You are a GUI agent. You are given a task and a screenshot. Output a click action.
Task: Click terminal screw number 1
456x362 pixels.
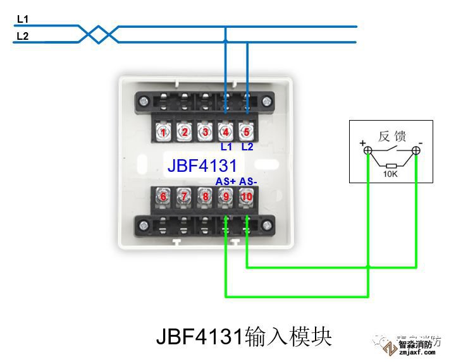(163, 132)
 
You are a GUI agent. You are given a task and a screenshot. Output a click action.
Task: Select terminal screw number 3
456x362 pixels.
(205, 132)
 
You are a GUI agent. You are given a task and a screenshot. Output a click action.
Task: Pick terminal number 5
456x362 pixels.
(247, 132)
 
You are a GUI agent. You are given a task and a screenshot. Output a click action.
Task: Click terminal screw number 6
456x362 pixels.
(163, 196)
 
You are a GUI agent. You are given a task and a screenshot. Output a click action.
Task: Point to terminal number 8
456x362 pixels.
(205, 196)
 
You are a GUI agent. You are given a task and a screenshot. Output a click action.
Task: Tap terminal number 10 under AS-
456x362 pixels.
(247, 196)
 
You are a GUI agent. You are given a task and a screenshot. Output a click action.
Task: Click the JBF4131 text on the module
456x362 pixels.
(202, 166)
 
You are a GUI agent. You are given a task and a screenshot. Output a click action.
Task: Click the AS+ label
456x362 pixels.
(226, 181)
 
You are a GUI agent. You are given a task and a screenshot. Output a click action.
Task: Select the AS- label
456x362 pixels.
(248, 181)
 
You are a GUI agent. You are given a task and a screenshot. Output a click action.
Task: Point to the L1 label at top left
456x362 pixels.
(22, 20)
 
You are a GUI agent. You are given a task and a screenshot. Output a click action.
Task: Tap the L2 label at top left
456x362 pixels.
(22, 36)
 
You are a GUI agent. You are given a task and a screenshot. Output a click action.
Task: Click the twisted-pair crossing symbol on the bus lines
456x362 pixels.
(99, 34)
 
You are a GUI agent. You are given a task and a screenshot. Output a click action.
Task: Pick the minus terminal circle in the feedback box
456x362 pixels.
(416, 151)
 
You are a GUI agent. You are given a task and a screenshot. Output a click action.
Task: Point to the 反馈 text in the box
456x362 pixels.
(392, 135)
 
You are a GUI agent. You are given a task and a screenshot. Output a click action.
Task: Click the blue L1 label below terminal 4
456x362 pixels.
(226, 147)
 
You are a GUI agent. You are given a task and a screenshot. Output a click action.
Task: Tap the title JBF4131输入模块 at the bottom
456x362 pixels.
(243, 336)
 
